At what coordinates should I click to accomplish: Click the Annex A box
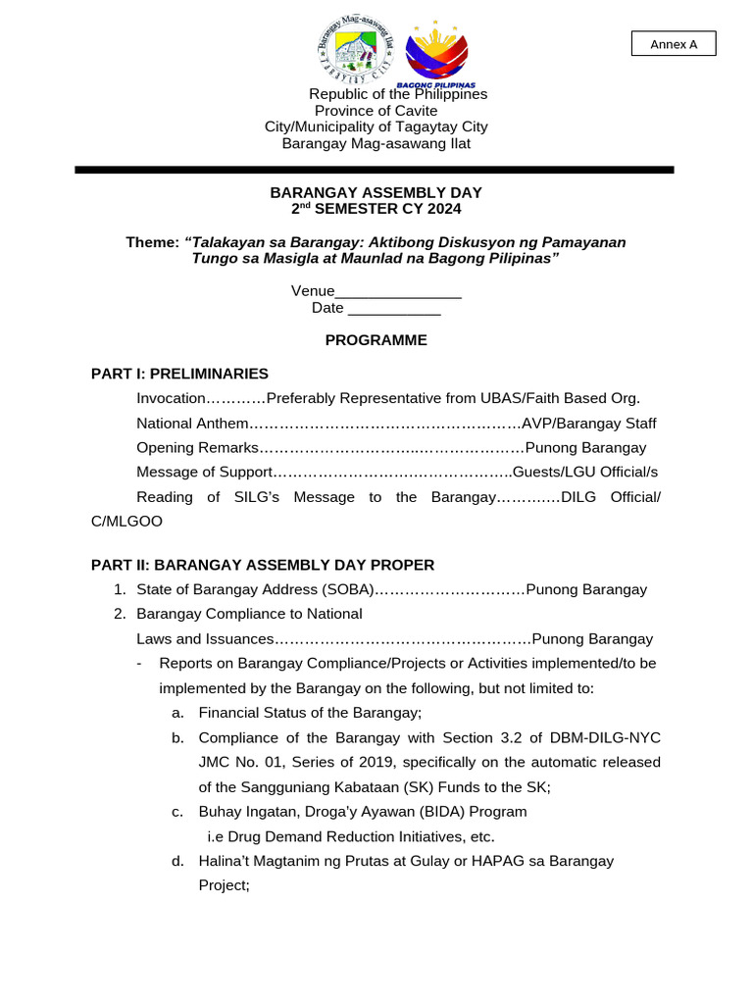pos(673,44)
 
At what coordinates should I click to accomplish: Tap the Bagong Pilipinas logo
pos(436,54)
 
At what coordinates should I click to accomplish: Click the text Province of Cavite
pos(376,111)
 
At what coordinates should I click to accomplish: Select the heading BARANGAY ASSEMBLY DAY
pos(376,192)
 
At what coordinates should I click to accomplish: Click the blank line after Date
pos(394,308)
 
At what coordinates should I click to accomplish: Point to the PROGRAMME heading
pos(376,340)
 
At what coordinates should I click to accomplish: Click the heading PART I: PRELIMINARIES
pos(179,374)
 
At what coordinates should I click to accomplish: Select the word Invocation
pos(172,398)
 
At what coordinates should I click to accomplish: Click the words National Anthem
pos(193,424)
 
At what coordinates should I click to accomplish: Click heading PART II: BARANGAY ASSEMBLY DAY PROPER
pos(263,565)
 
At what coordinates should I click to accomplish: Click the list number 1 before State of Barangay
pos(119,589)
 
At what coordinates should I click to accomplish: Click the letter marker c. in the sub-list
pos(177,812)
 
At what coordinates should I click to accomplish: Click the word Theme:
pos(152,242)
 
